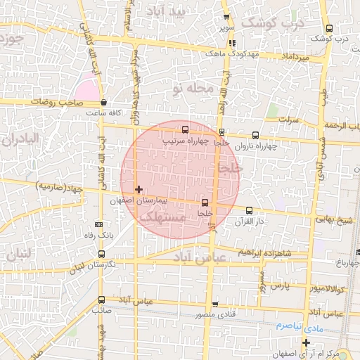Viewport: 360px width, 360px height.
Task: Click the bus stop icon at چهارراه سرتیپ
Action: [185, 129]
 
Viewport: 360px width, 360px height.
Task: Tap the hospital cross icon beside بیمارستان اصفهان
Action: [139, 189]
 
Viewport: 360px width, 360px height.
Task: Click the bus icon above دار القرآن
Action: [250, 210]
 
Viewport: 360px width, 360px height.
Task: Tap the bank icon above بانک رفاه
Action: [98, 224]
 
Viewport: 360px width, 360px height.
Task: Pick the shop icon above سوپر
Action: [226, 18]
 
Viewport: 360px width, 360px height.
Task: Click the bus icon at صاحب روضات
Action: [103, 102]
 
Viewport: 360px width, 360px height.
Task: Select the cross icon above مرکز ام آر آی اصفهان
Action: [306, 342]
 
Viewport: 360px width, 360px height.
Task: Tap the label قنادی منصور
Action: [215, 316]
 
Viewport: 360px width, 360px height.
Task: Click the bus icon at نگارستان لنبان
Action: [102, 254]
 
